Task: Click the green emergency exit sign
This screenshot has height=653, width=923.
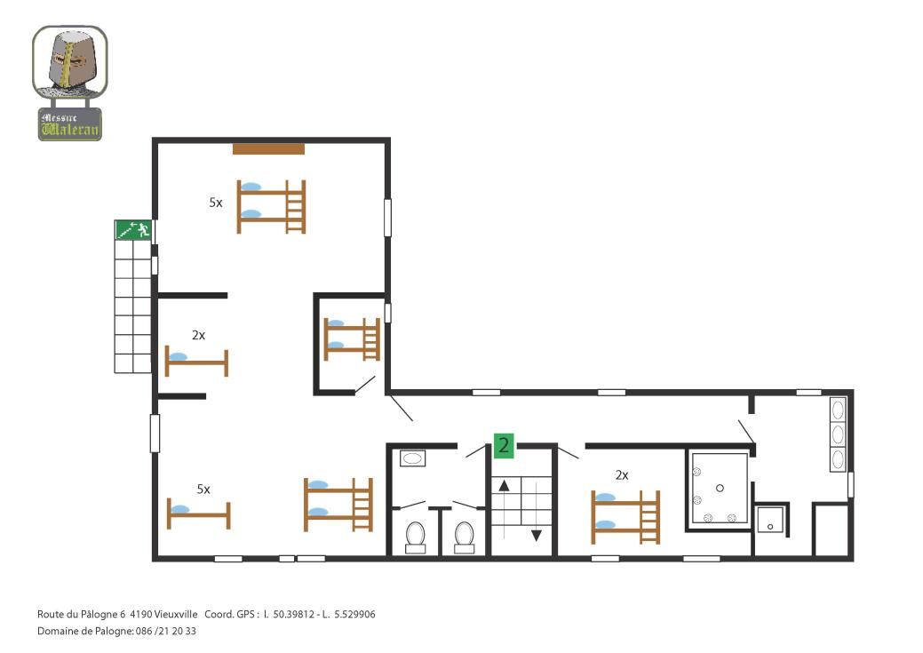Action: coord(133,229)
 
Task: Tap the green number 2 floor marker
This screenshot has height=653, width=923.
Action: coord(504,445)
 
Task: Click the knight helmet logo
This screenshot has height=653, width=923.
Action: coord(70,62)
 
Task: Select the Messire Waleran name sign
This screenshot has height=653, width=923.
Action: coord(70,124)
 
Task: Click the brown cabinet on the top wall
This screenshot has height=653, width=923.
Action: coord(268,149)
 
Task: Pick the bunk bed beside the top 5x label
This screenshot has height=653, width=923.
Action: coord(271,207)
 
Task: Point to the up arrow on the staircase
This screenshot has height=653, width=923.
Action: coord(504,486)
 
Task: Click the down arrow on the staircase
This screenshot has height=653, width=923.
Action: coord(537,535)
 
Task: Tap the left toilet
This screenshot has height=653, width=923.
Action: coord(416,537)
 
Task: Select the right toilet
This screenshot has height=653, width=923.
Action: coord(465,537)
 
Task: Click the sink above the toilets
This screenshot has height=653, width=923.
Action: coord(413,458)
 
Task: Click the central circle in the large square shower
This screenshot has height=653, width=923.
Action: coord(720,488)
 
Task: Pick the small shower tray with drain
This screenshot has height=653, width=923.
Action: coord(770,520)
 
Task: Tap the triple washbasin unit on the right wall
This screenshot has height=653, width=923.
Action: coord(838,434)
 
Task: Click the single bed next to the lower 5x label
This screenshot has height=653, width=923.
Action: coord(198,514)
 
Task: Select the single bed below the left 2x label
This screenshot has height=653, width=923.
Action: coord(196,362)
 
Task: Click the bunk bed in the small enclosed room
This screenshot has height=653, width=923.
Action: coord(352,339)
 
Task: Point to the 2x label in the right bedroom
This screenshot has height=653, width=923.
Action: coord(622,474)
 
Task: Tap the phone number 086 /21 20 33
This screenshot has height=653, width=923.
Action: coord(166,631)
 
